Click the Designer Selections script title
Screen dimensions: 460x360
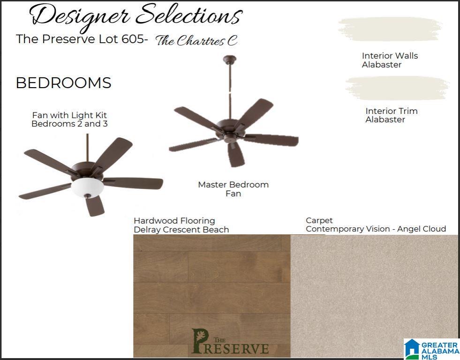pos(136,16)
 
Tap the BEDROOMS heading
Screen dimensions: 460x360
pos(64,82)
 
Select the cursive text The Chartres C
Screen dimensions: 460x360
pos(196,40)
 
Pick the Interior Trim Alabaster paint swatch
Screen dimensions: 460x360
pos(398,88)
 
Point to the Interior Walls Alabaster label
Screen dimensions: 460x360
pos(390,60)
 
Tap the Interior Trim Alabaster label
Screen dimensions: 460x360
pos(392,115)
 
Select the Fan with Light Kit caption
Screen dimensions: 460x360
pos(69,120)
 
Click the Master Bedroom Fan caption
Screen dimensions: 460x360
pos(233,189)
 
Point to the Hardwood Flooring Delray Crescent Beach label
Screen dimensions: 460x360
pos(181,225)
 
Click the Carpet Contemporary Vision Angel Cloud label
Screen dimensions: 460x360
pos(376,225)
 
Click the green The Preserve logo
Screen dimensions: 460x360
pos(230,341)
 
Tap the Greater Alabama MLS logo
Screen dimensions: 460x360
pos(432,349)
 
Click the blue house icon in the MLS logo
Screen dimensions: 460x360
pos(412,349)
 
